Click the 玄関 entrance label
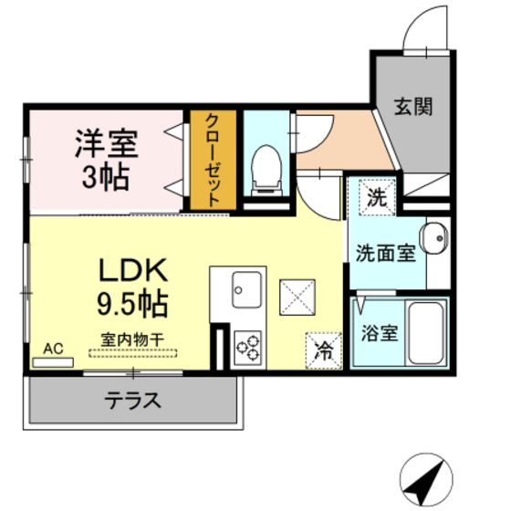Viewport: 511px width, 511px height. (412, 106)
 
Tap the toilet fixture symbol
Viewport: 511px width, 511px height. (266, 171)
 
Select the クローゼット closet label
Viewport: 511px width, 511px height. (214, 161)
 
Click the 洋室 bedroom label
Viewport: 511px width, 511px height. (107, 143)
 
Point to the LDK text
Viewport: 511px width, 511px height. (133, 270)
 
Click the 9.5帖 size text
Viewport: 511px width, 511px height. (132, 305)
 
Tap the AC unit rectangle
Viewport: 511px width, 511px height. (53, 362)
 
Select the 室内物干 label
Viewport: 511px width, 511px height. (132, 339)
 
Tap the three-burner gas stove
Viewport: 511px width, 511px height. (248, 347)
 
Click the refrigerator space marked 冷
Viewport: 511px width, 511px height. (324, 351)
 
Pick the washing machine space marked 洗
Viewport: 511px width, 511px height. (377, 197)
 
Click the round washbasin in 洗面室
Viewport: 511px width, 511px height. (433, 238)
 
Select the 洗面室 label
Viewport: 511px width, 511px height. (386, 254)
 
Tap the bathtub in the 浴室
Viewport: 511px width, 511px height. (425, 333)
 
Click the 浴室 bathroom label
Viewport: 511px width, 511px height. (380, 333)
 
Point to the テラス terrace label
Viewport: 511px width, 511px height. (133, 401)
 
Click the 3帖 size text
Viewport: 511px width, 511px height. (105, 178)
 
